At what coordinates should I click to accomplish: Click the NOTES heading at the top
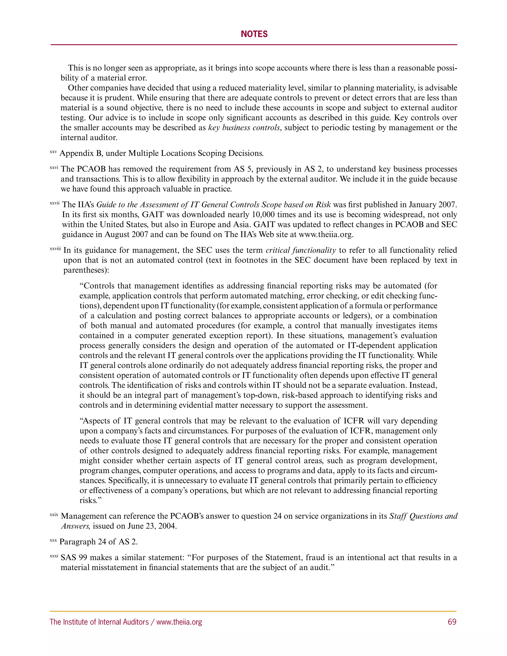254,34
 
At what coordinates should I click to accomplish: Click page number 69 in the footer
452,622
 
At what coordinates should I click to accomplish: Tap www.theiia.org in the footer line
179,622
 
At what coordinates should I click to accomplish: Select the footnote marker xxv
53,152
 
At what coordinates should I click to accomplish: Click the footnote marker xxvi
54,168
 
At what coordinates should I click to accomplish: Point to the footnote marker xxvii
55,203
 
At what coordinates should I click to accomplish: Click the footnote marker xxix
54,515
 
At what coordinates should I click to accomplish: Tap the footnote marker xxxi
54,556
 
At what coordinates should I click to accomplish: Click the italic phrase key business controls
244,128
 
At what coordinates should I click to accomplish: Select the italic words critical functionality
301,250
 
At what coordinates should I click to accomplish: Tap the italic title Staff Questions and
423,516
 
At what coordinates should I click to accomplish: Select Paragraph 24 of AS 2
99,542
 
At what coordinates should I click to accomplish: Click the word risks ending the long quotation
88,500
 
